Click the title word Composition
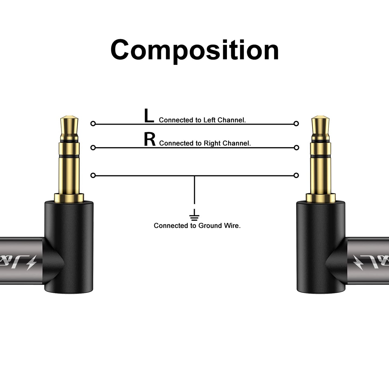(x=194, y=50)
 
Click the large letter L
(x=149, y=116)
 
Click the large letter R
(x=150, y=140)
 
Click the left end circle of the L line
(x=93, y=124)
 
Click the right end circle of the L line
(x=296, y=124)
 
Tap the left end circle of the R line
(x=93, y=148)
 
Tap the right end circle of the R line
(x=296, y=148)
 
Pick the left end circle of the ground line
(x=93, y=176)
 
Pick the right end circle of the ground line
(x=296, y=176)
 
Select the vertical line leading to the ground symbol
(x=194, y=190)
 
